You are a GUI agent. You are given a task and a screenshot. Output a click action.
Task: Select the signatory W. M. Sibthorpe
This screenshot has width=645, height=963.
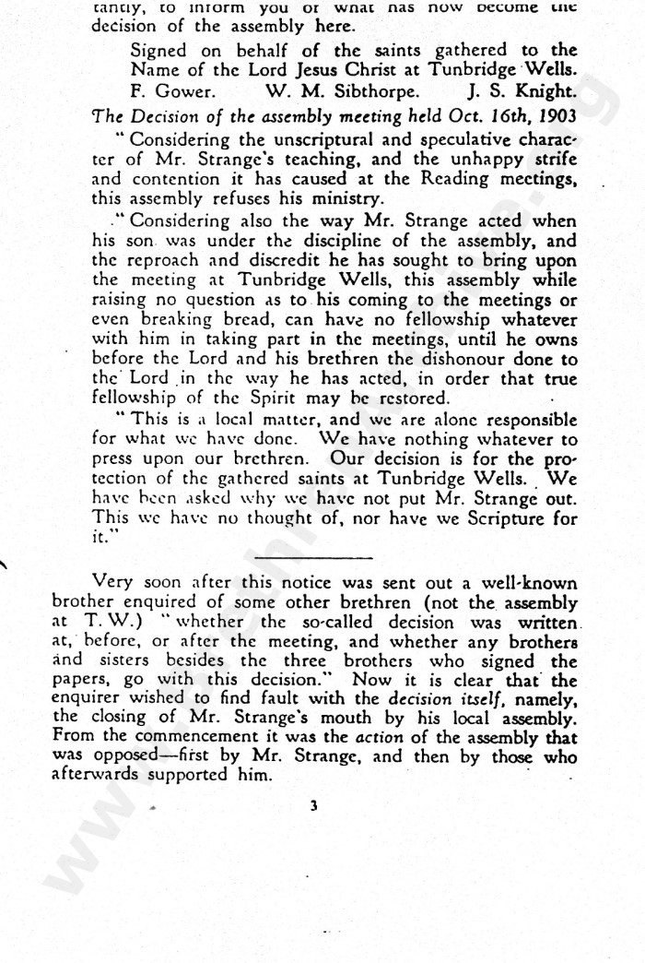[342, 92]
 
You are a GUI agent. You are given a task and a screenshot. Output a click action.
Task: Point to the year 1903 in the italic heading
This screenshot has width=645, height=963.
[554, 116]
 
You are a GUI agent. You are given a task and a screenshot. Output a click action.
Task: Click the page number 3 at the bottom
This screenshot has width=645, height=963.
[313, 805]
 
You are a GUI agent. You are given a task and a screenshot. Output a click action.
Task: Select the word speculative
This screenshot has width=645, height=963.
[448, 140]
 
